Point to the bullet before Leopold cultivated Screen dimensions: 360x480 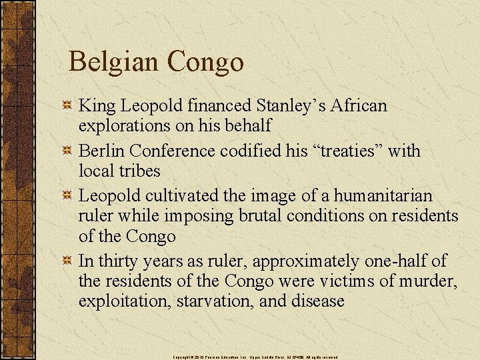click(x=67, y=196)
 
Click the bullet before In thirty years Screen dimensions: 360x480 click(x=67, y=261)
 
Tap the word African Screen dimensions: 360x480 click(x=359, y=105)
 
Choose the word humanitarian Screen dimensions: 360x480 click(x=383, y=196)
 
